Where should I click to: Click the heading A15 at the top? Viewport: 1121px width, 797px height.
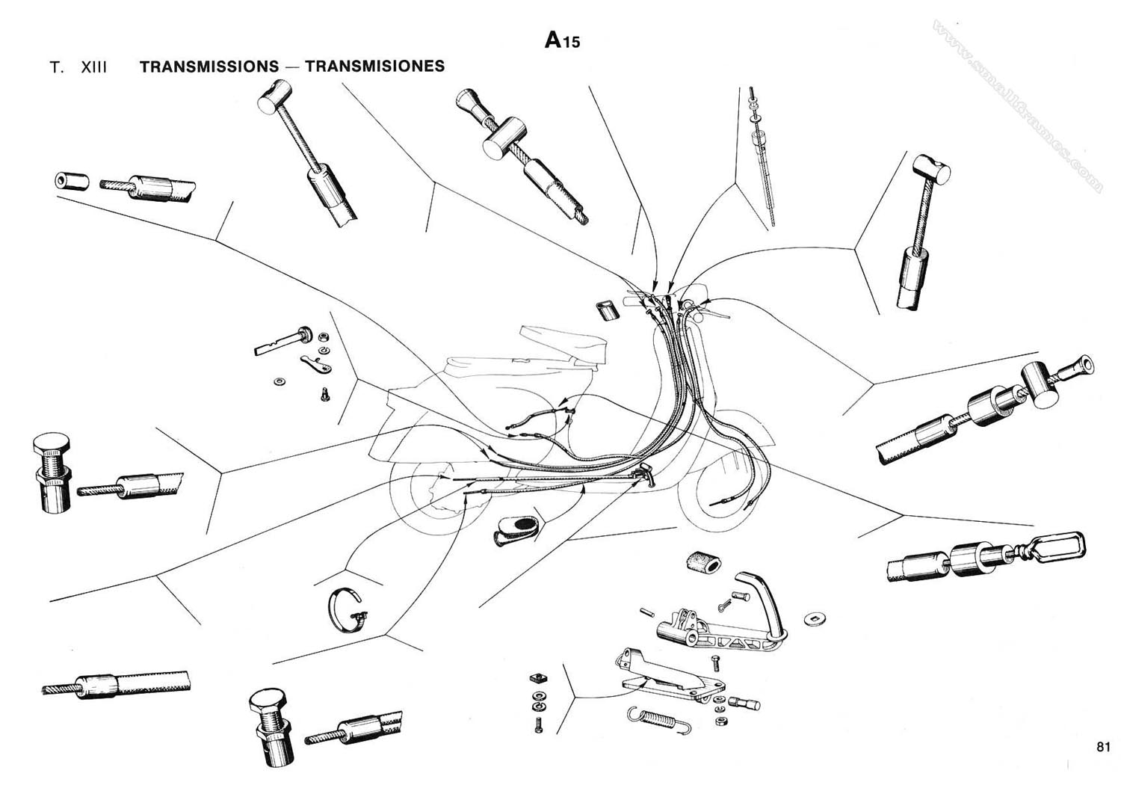[x=562, y=40]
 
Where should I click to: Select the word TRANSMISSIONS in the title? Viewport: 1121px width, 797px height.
[x=209, y=66]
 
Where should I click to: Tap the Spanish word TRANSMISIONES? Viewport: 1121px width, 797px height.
[x=374, y=66]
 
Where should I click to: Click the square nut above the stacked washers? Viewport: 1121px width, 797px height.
[x=535, y=678]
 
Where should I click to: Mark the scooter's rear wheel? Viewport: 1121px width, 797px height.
[x=426, y=497]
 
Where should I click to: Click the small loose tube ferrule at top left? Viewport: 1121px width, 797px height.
[x=72, y=182]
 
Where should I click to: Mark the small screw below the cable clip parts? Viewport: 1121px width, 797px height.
[x=325, y=393]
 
